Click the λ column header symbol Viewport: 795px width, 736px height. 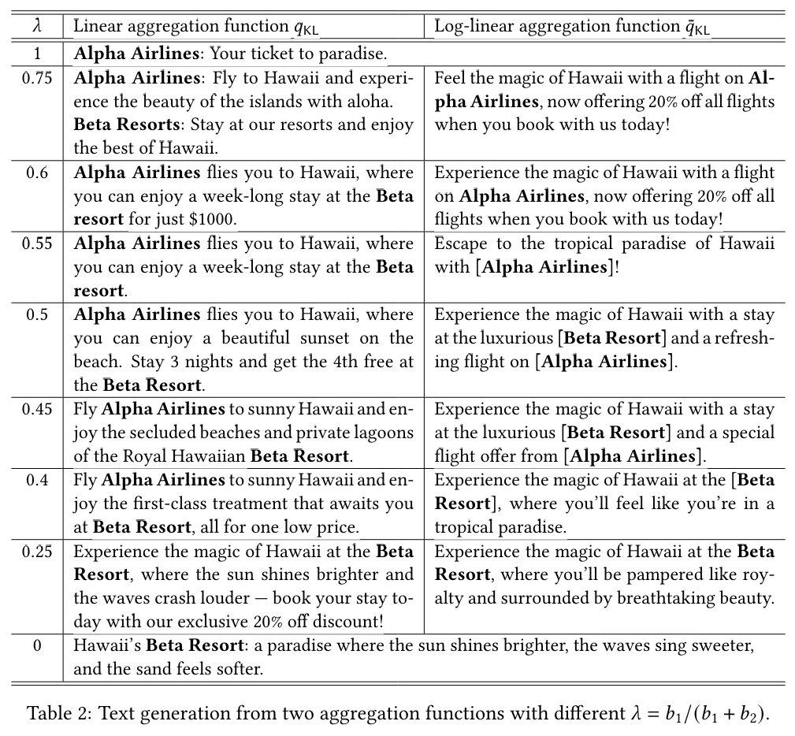(x=37, y=26)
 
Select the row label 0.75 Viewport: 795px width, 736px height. (x=37, y=78)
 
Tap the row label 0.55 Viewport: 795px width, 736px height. (x=37, y=243)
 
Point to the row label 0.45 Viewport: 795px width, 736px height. (x=37, y=409)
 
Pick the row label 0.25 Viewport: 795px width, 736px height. (x=37, y=551)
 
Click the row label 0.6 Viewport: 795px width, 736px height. (x=37, y=173)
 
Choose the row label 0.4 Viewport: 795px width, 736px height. (x=37, y=480)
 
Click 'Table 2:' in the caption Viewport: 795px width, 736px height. (x=61, y=713)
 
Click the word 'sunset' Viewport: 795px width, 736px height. (x=319, y=338)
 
